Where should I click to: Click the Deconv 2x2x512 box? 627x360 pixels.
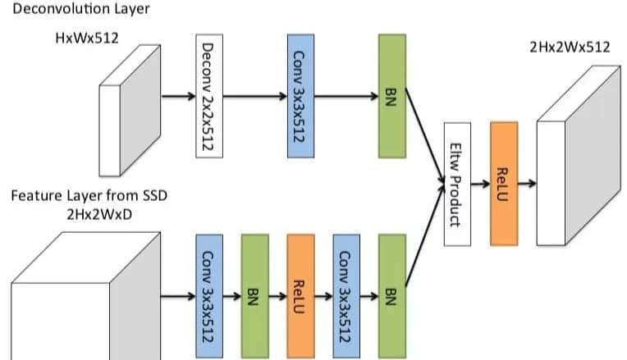pyautogui.click(x=208, y=96)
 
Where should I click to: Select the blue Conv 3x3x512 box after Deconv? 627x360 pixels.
pyautogui.click(x=300, y=96)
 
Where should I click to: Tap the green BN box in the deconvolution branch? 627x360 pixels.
pyautogui.click(x=391, y=96)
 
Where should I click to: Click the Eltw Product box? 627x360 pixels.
pyautogui.click(x=457, y=184)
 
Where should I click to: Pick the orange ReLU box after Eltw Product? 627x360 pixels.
pyautogui.click(x=504, y=184)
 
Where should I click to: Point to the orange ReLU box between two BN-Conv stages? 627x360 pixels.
pyautogui.click(x=300, y=296)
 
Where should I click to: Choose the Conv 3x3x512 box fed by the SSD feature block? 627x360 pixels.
pyautogui.click(x=208, y=296)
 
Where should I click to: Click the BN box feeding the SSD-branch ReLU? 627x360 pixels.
pyautogui.click(x=254, y=296)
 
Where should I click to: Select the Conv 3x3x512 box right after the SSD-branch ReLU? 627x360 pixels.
pyautogui.click(x=346, y=296)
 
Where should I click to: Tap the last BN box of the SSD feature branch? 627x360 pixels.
pyautogui.click(x=391, y=296)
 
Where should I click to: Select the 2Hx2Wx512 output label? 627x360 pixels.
pyautogui.click(x=570, y=47)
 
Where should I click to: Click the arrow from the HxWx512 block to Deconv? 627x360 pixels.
pyautogui.click(x=177, y=96)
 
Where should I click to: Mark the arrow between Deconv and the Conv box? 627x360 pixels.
pyautogui.click(x=254, y=96)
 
